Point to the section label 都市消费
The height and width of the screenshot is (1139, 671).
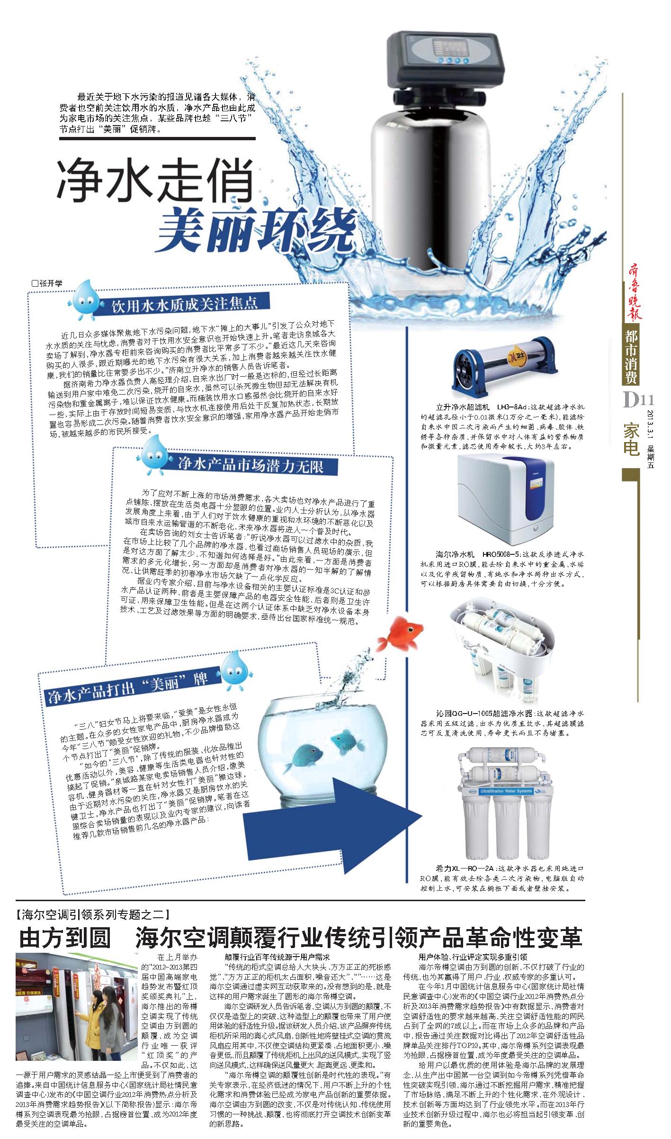(x=631, y=357)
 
